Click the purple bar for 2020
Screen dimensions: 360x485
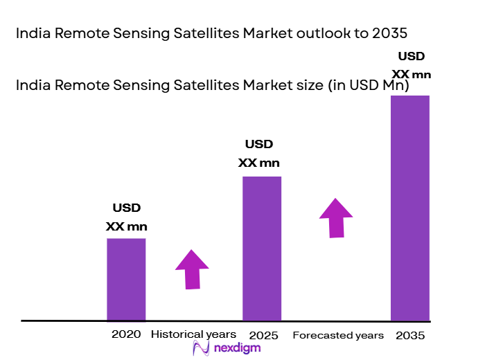click(x=126, y=279)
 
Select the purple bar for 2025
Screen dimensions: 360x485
click(x=261, y=249)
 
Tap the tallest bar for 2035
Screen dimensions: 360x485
click(x=410, y=208)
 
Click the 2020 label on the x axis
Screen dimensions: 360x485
click(x=126, y=334)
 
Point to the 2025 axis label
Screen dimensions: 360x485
click(x=263, y=336)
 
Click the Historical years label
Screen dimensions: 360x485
click(x=188, y=334)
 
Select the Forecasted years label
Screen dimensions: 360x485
click(x=338, y=336)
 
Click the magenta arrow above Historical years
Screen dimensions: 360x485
click(x=192, y=269)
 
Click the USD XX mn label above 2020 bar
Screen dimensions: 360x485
click(x=126, y=217)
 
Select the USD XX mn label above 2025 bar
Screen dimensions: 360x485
click(x=259, y=154)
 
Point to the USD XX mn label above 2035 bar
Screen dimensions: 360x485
click(x=410, y=66)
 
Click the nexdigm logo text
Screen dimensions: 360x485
click(x=237, y=348)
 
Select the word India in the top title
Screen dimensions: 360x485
click(x=32, y=34)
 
